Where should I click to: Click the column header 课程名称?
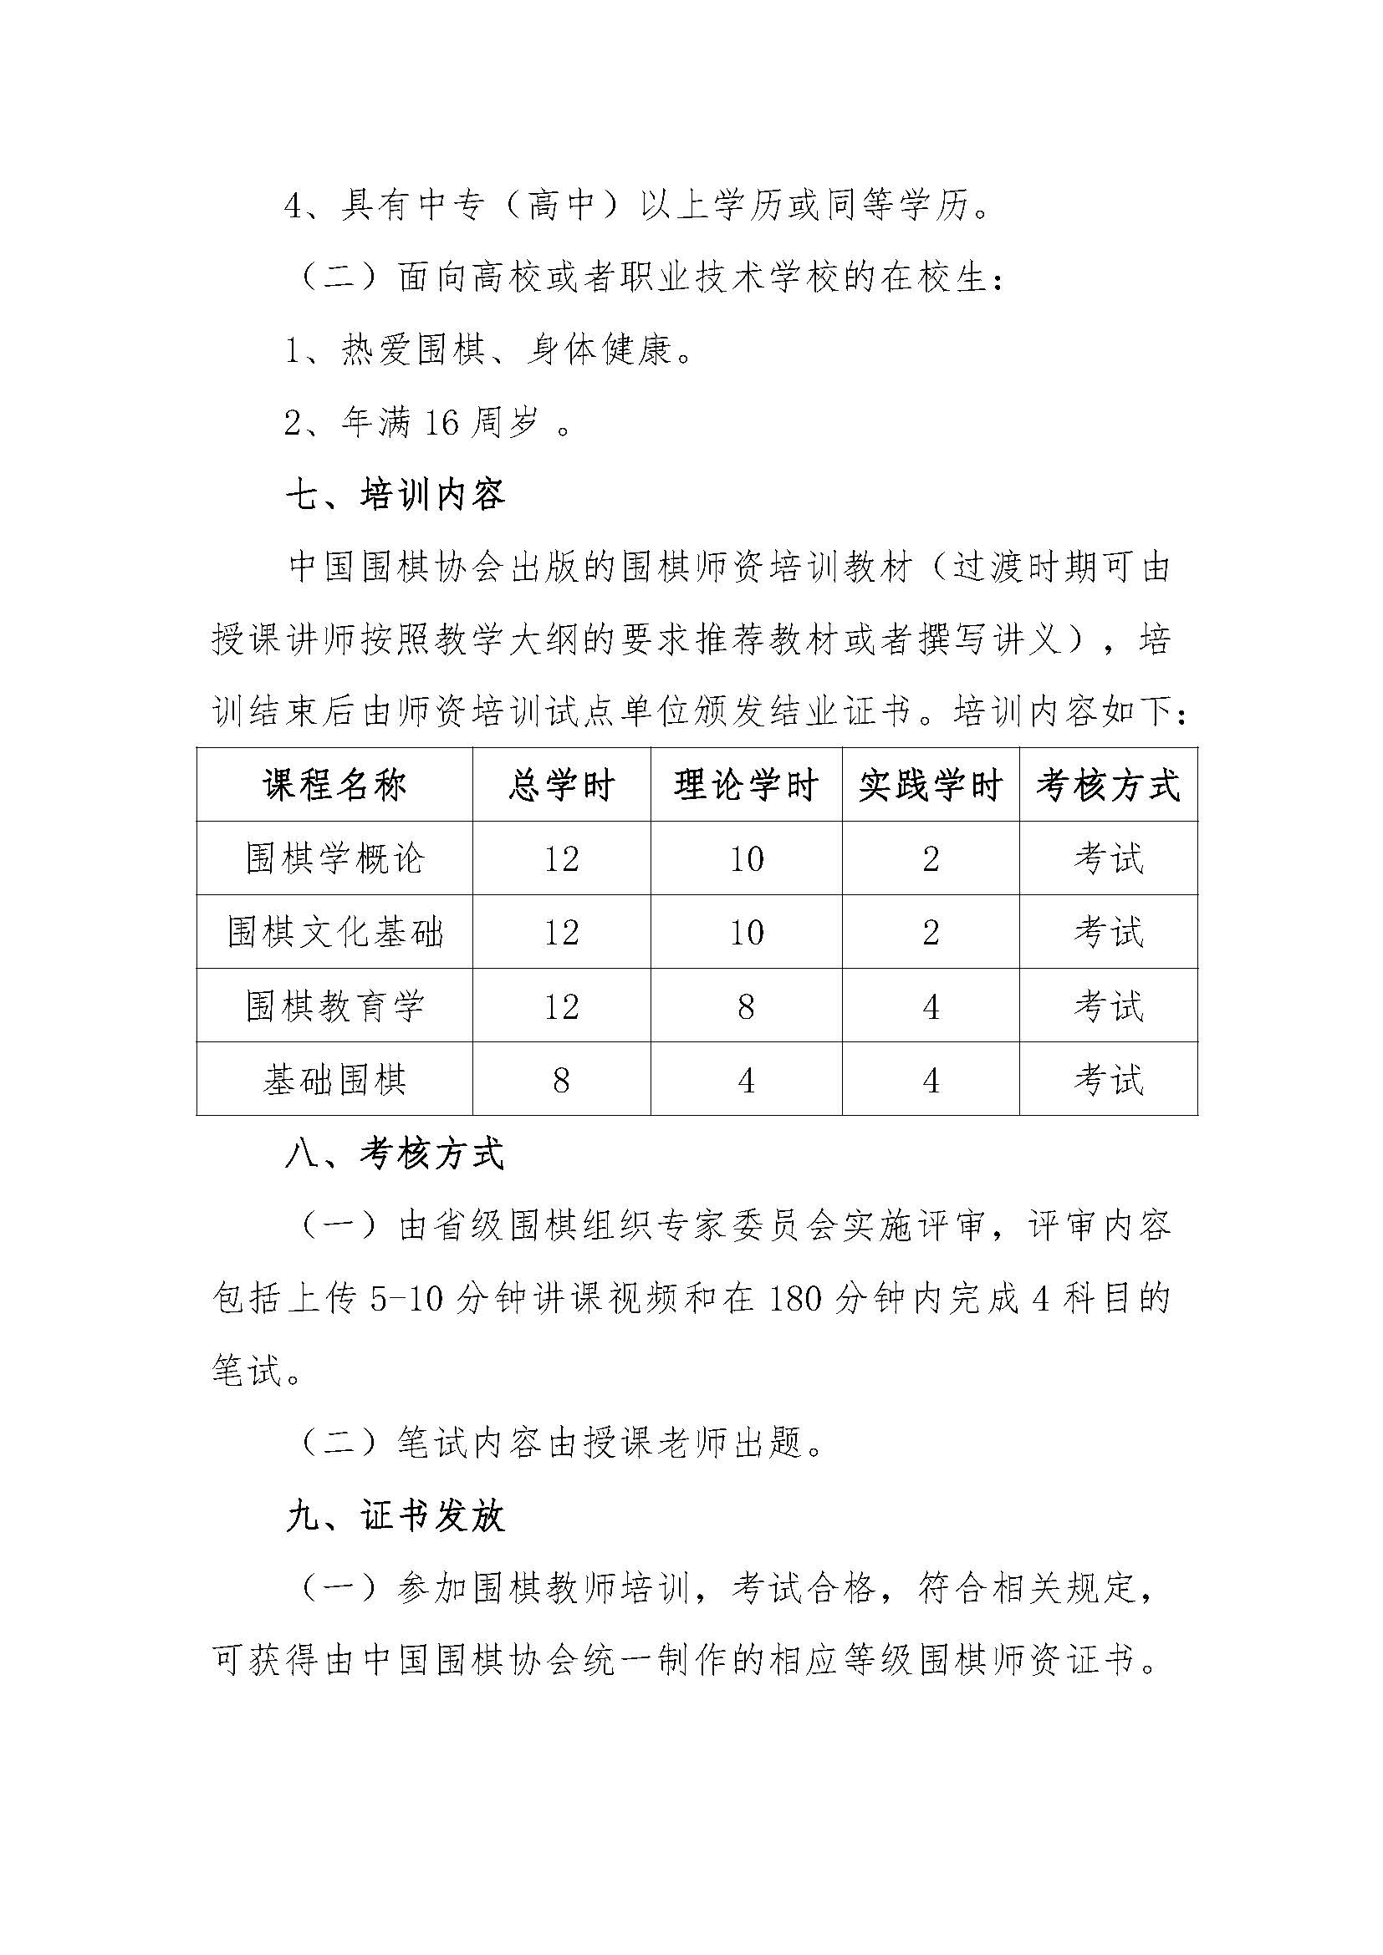click(334, 785)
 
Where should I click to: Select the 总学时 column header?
click(561, 785)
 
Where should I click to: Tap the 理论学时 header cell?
click(746, 785)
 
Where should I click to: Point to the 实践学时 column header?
click(930, 785)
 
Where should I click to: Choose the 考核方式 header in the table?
click(1108, 785)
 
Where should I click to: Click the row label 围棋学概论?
click(334, 858)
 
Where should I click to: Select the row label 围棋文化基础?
click(334, 933)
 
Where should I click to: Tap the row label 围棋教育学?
click(334, 1006)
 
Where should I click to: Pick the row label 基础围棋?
click(334, 1080)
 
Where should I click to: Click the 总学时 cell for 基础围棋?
click(561, 1081)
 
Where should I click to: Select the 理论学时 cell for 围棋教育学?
click(746, 1007)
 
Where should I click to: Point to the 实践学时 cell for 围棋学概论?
click(930, 859)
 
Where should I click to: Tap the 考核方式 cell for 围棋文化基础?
click(1108, 933)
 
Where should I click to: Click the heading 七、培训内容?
click(396, 495)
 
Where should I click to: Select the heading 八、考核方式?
click(396, 1155)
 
